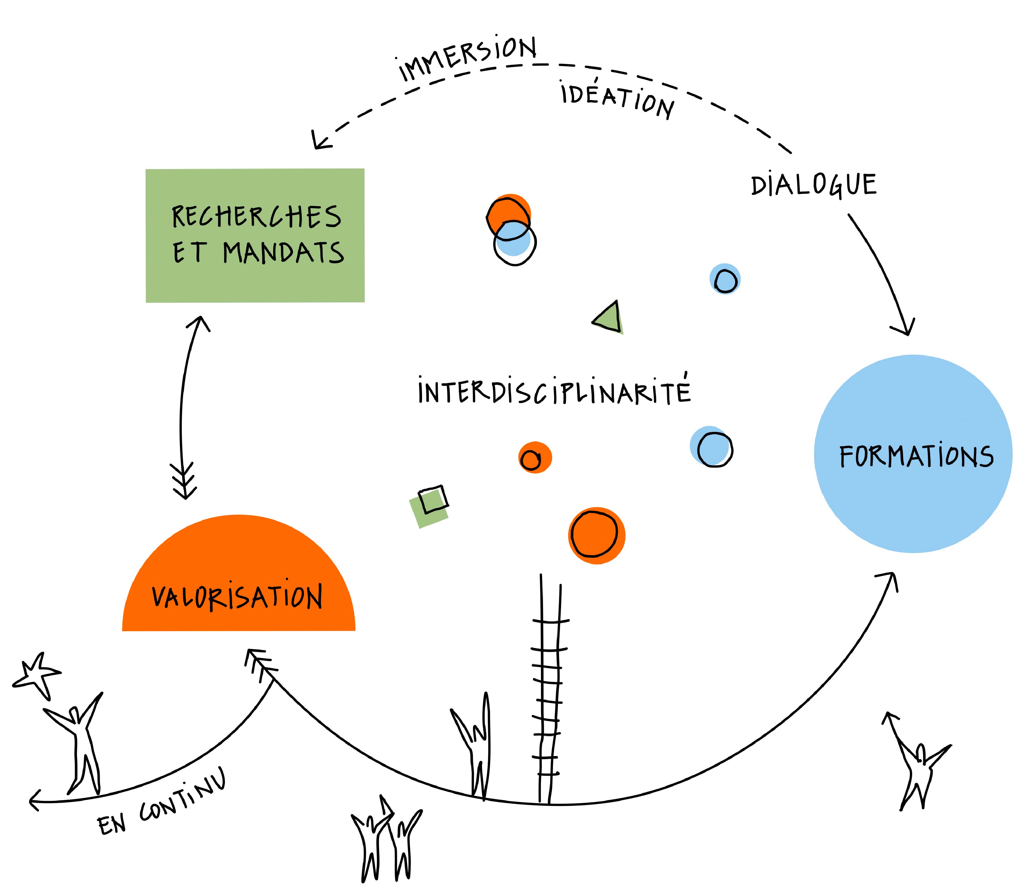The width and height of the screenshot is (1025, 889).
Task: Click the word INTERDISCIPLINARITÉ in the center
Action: coord(554,391)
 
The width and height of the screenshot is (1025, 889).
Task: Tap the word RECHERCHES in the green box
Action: coord(257,217)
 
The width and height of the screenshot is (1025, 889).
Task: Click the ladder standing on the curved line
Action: coord(550,689)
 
